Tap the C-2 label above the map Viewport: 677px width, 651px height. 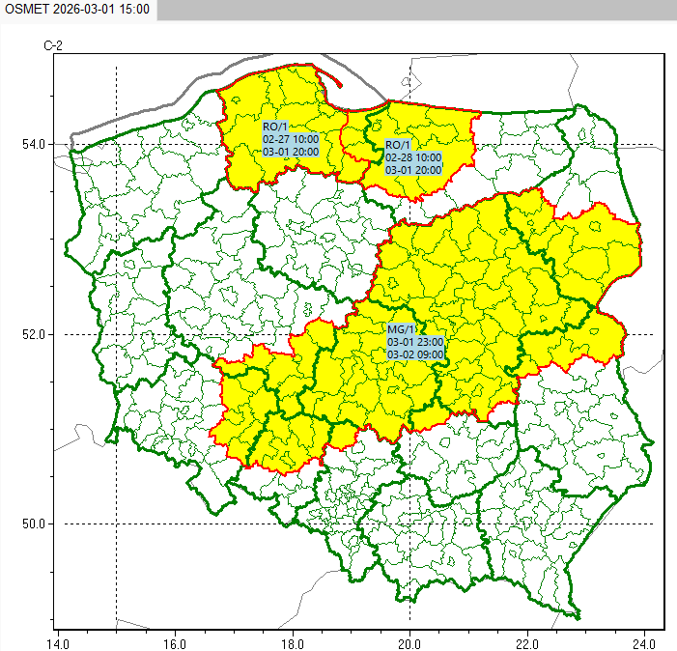tap(53, 45)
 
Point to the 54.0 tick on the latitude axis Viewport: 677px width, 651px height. tap(33, 145)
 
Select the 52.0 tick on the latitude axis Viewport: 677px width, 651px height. tap(33, 334)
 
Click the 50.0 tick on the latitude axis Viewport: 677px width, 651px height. tap(33, 524)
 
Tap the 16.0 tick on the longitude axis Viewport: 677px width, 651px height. tap(175, 641)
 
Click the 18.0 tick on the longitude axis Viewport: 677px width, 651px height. tap(293, 641)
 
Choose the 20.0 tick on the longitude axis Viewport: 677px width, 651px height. tap(409, 641)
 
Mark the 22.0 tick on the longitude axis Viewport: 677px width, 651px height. tap(527, 641)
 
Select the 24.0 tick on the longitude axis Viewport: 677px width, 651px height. tap(644, 641)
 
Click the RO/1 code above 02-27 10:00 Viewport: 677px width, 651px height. tap(275, 127)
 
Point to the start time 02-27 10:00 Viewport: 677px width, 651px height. tap(291, 139)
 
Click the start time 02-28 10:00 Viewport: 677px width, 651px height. tap(413, 157)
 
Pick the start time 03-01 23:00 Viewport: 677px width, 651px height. tap(415, 343)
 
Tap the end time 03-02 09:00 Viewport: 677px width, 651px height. tap(415, 355)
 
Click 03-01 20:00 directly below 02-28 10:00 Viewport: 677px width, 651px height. tap(413, 170)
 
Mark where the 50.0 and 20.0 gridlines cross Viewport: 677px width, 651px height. tap(409, 524)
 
